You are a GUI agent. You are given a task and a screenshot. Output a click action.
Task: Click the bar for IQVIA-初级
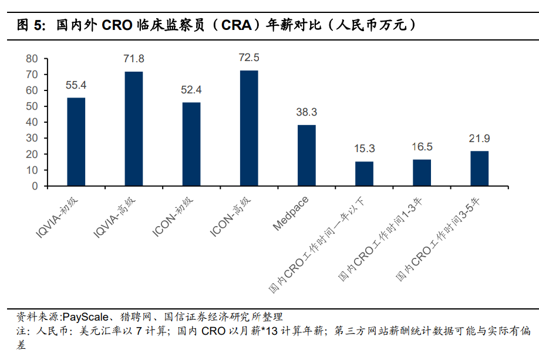[76, 142]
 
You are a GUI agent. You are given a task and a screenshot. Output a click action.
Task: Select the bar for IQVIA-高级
[133, 129]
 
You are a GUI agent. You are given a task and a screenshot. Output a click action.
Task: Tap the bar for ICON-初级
[191, 144]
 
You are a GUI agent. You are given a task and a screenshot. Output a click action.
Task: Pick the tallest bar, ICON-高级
[249, 128]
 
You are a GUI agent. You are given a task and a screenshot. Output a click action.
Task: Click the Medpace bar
[306, 155]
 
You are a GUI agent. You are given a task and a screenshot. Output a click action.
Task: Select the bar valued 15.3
[364, 173]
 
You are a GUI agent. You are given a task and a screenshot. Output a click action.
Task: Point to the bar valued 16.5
[422, 172]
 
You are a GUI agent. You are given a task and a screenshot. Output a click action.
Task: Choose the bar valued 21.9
[479, 168]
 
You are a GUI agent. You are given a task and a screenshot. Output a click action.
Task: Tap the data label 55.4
[76, 86]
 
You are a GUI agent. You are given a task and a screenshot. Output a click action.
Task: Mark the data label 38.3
[306, 113]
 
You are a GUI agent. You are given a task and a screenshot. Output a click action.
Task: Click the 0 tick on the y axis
[35, 186]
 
